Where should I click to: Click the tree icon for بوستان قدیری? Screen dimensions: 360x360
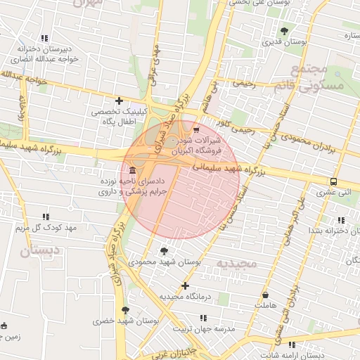(x=284, y=31)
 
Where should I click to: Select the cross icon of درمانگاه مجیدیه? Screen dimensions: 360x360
(x=185, y=285)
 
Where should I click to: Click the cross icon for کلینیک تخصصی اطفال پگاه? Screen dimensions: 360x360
(x=119, y=101)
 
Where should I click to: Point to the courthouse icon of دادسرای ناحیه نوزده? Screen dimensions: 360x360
(x=133, y=172)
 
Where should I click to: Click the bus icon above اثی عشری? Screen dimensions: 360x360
(x=333, y=181)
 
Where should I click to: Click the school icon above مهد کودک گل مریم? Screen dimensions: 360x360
(x=46, y=216)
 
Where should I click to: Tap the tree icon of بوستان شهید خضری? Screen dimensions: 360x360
(x=126, y=309)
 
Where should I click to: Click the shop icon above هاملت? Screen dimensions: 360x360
(x=266, y=295)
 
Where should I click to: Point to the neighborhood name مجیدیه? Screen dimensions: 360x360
(x=237, y=263)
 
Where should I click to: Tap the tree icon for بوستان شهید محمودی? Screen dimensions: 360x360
(x=165, y=250)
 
